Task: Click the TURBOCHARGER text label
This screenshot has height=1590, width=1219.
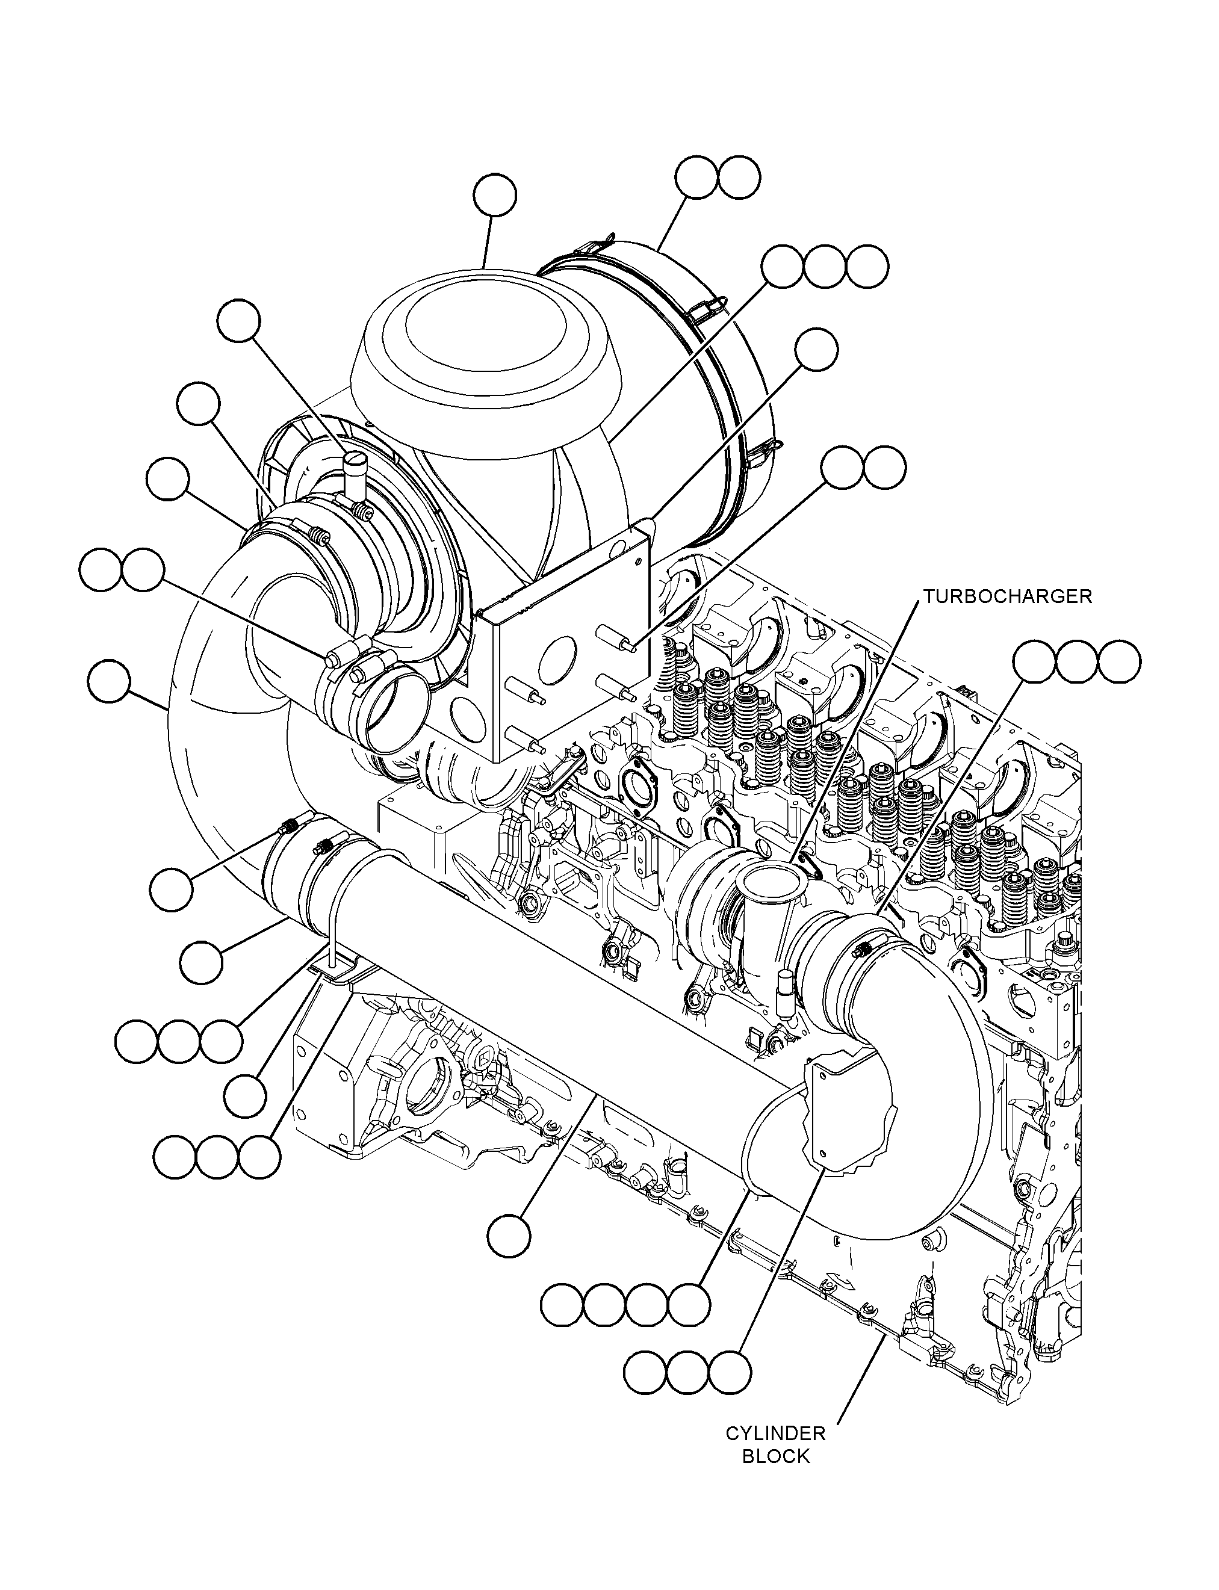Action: click(1007, 596)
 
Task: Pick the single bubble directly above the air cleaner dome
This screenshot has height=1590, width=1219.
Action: click(495, 195)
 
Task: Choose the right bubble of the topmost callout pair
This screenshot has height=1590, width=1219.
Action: click(739, 177)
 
